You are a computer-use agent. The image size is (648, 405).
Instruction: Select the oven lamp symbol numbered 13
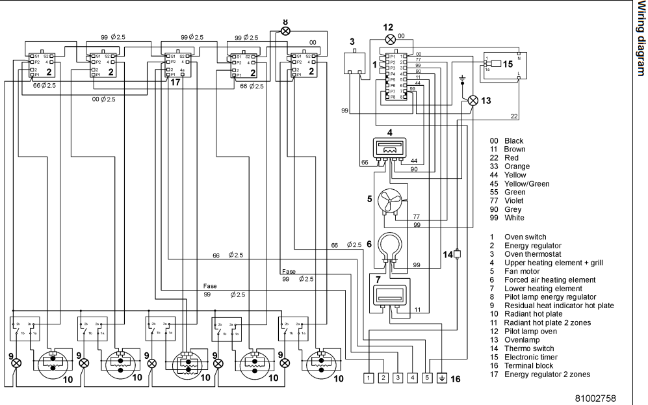[473, 100]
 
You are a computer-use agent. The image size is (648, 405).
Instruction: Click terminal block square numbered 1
[369, 377]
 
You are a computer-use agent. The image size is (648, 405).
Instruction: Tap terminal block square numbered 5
[427, 377]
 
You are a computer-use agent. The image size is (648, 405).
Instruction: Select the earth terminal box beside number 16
[442, 377]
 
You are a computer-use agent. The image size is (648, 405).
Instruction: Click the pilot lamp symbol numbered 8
[285, 31]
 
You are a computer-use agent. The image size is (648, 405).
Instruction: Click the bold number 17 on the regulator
[175, 82]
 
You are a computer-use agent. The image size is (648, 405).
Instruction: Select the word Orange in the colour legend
[504, 166]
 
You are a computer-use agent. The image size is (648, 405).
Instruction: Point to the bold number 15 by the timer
[507, 64]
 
